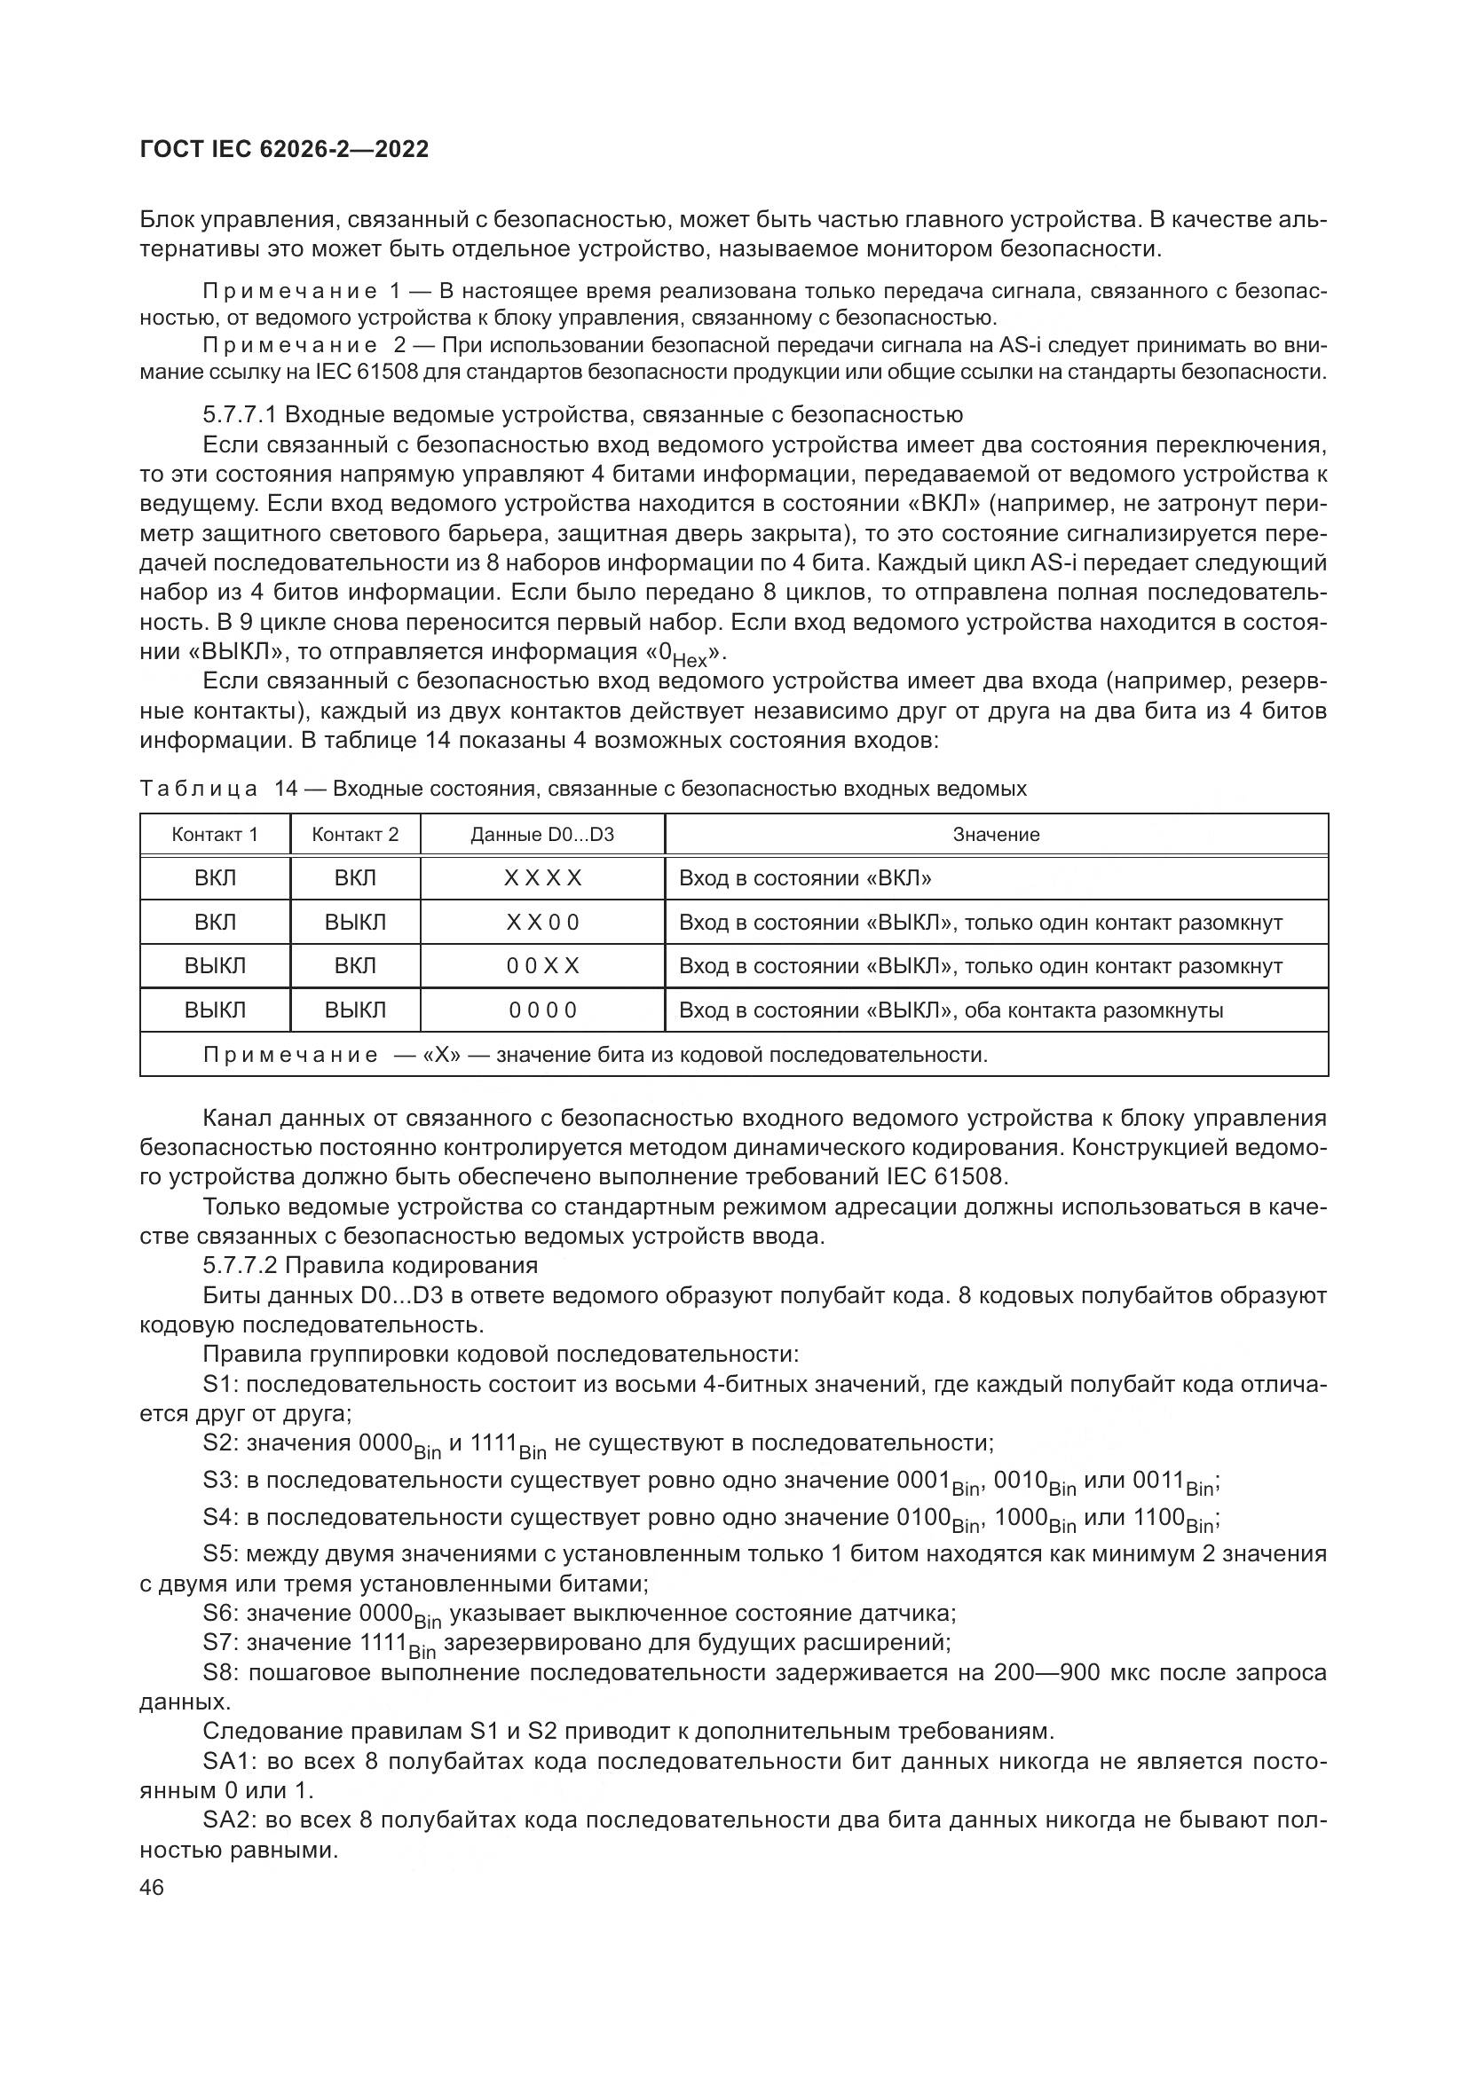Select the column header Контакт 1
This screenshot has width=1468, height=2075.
click(215, 834)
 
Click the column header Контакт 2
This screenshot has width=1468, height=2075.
click(355, 834)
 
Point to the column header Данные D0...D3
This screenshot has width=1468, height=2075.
click(541, 834)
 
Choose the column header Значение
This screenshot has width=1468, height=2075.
click(996, 834)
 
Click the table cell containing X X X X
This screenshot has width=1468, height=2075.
click(542, 878)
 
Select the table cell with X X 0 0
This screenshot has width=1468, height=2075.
click(542, 923)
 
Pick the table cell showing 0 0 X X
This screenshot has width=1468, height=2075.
click(542, 966)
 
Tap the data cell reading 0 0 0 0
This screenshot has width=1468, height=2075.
click(542, 1010)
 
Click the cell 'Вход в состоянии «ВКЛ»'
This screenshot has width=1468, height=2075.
click(804, 878)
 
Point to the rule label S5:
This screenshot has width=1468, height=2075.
click(221, 1554)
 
